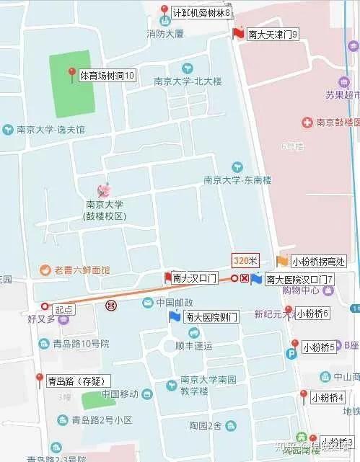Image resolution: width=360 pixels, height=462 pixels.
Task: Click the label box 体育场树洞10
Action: pyautogui.click(x=107, y=75)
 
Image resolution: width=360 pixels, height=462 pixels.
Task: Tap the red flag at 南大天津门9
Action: pyautogui.click(x=238, y=32)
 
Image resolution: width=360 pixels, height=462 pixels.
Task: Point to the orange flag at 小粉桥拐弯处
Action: pyautogui.click(x=282, y=261)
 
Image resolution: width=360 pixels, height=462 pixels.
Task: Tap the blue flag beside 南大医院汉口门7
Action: pyautogui.click(x=255, y=279)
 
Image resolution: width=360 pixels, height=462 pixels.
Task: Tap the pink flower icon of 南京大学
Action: pyautogui.click(x=105, y=190)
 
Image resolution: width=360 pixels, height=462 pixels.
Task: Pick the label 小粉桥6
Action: pyautogui.click(x=312, y=313)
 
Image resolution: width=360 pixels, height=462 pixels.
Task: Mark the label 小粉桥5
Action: pyautogui.click(x=319, y=347)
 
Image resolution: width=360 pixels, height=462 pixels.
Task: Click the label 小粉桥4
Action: pyautogui.click(x=328, y=397)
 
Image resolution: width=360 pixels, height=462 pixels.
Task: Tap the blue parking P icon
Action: pyautogui.click(x=291, y=354)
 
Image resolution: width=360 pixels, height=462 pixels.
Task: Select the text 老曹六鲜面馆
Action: pyautogui.click(x=82, y=270)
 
